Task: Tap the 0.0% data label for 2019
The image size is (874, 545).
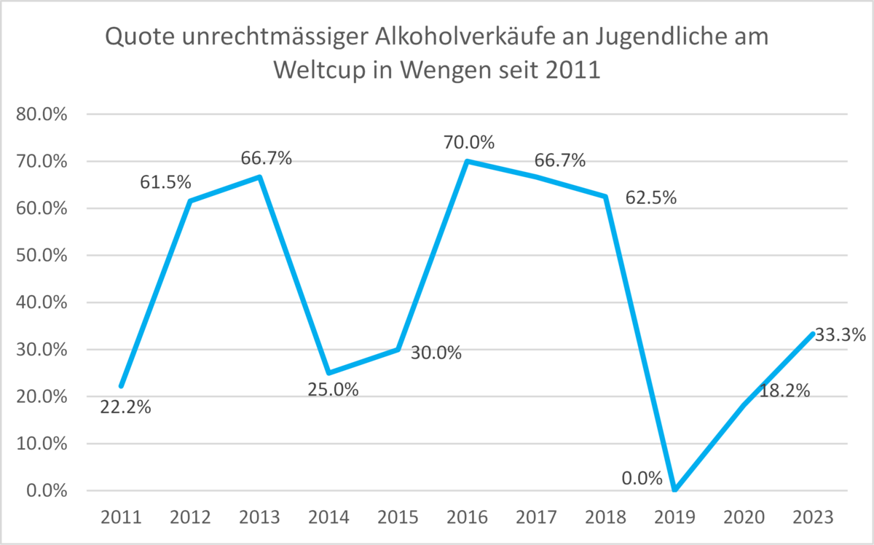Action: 642,479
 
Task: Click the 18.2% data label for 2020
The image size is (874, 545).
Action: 784,391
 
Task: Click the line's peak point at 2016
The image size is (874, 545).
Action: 467,161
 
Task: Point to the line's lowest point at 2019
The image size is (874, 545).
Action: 674,490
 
